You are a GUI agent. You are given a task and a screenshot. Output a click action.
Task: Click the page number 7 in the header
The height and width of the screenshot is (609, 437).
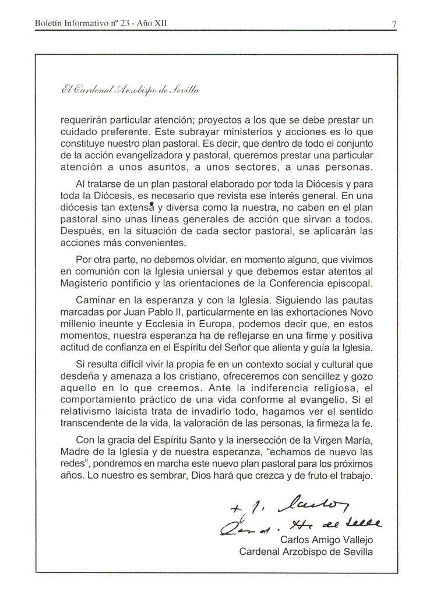394,24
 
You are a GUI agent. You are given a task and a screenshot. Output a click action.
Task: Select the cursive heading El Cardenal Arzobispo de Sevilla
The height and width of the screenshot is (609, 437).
129,90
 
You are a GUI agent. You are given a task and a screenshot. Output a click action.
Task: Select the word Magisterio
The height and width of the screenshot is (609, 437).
86,283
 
